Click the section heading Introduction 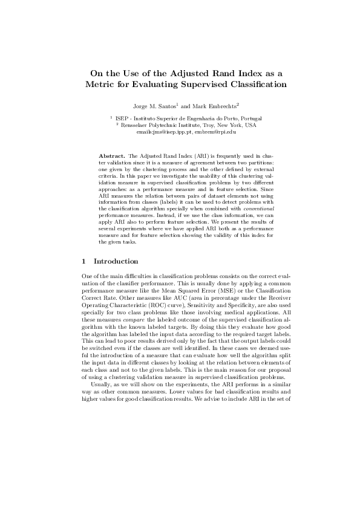pos(116,261)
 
